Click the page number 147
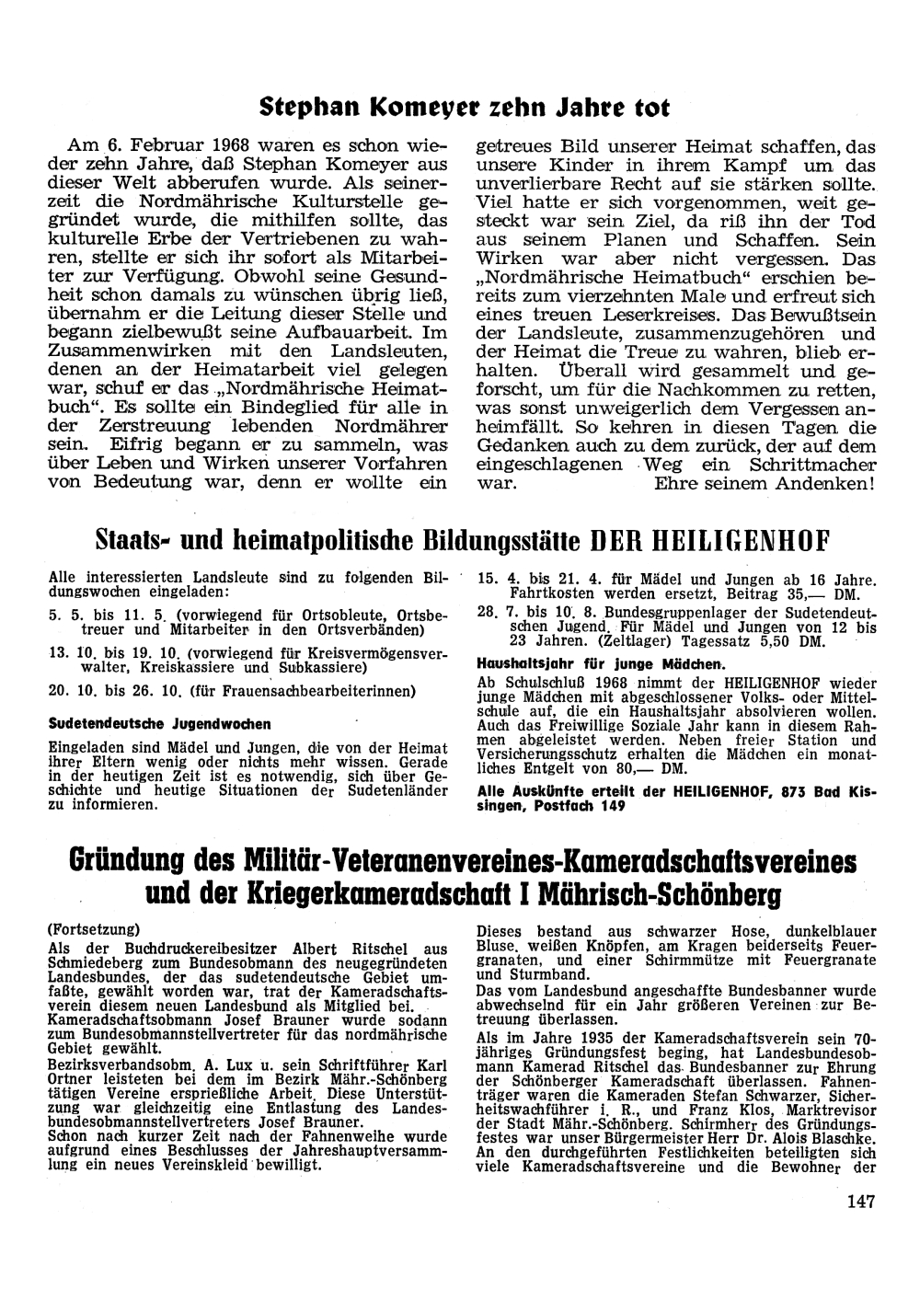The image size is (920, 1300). coord(857,1200)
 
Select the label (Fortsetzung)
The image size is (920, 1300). coord(94,929)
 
